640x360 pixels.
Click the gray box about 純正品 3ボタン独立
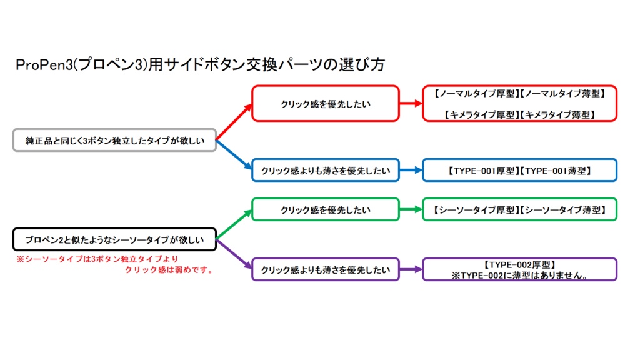coord(115,141)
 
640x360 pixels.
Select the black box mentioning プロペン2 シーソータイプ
coord(115,239)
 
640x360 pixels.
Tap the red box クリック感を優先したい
coord(325,103)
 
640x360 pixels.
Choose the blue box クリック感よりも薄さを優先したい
coord(325,170)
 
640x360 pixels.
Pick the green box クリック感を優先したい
coord(325,209)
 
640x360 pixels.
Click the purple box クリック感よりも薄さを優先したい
coord(325,269)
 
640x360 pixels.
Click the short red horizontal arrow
coord(411,103)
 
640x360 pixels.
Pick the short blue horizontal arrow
coord(411,170)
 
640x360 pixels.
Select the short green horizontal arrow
coord(411,209)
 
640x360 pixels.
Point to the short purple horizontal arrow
coord(411,269)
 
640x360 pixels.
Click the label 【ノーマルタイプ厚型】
coord(476,93)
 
